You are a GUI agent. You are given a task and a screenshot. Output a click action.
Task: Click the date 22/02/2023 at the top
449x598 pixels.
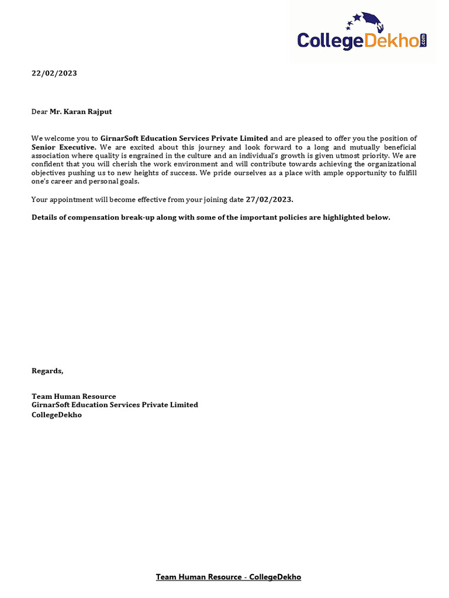pyautogui.click(x=54, y=74)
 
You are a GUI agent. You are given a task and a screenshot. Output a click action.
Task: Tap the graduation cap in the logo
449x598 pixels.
pyautogui.click(x=370, y=22)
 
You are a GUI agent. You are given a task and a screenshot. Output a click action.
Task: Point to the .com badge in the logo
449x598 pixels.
pyautogui.click(x=423, y=40)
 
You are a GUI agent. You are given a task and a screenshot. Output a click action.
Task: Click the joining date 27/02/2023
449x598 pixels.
pyautogui.click(x=270, y=200)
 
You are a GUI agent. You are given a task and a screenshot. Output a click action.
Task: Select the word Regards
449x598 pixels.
pyautogui.click(x=47, y=371)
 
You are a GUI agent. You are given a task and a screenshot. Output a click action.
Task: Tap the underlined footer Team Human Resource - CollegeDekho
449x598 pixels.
pyautogui.click(x=228, y=577)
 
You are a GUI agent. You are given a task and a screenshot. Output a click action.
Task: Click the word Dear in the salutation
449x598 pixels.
pyautogui.click(x=39, y=111)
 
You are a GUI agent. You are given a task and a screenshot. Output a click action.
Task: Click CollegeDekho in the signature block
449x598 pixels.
pyautogui.click(x=56, y=415)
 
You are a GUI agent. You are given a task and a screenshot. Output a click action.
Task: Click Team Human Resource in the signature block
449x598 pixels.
pyautogui.click(x=74, y=397)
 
